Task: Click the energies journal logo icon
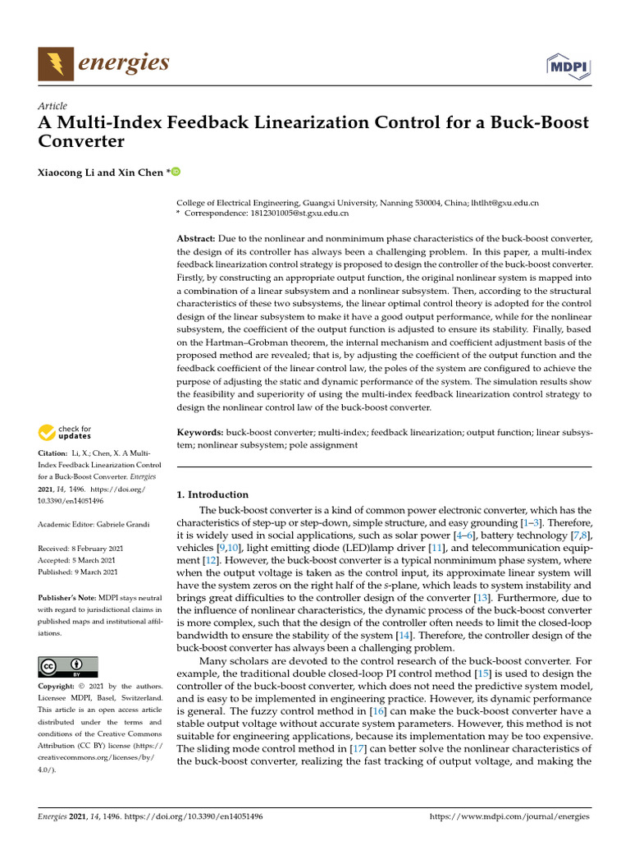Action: click(55, 64)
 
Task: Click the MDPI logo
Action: click(568, 65)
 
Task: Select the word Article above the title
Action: click(52, 106)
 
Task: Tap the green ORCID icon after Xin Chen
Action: click(174, 172)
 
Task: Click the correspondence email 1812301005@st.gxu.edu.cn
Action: click(299, 213)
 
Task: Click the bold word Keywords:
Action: click(201, 432)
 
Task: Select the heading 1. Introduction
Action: click(212, 494)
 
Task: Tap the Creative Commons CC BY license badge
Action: click(68, 666)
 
